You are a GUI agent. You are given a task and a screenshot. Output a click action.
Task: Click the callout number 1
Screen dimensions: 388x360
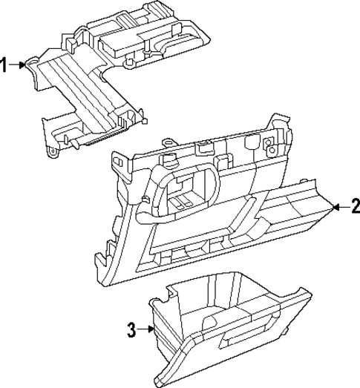[x=5, y=65]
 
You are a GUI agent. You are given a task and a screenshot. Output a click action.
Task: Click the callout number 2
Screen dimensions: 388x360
[x=355, y=207]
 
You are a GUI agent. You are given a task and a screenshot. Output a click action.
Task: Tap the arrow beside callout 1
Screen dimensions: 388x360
[x=20, y=65]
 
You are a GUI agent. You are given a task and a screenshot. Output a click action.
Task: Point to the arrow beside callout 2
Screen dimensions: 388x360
[x=338, y=207]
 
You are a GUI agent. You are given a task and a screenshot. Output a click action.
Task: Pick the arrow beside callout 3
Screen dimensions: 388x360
[x=147, y=330]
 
